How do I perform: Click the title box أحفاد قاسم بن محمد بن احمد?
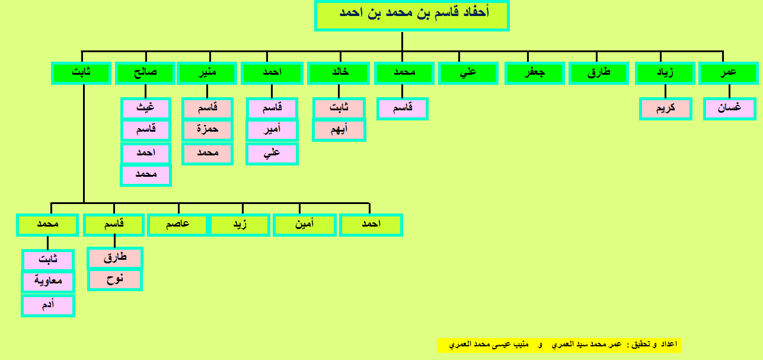[412, 15]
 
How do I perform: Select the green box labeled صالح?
[145, 73]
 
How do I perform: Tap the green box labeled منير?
[207, 73]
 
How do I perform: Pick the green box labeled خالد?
[339, 73]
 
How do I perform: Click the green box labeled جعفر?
[534, 73]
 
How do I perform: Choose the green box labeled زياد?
[665, 73]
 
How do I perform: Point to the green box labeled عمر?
[729, 73]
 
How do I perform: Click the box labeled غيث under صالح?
[146, 109]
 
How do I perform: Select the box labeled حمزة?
[207, 130]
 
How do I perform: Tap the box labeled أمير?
[272, 130]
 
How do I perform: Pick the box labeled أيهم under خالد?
[339, 130]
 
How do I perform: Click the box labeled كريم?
[666, 109]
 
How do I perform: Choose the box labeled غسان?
[730, 109]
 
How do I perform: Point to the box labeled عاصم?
[177, 225]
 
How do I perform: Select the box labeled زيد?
[240, 225]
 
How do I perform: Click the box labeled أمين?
[305, 225]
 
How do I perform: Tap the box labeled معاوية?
[48, 282]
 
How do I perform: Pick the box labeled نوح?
[115, 280]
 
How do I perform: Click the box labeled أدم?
[48, 305]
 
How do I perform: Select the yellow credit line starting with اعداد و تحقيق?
[559, 345]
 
